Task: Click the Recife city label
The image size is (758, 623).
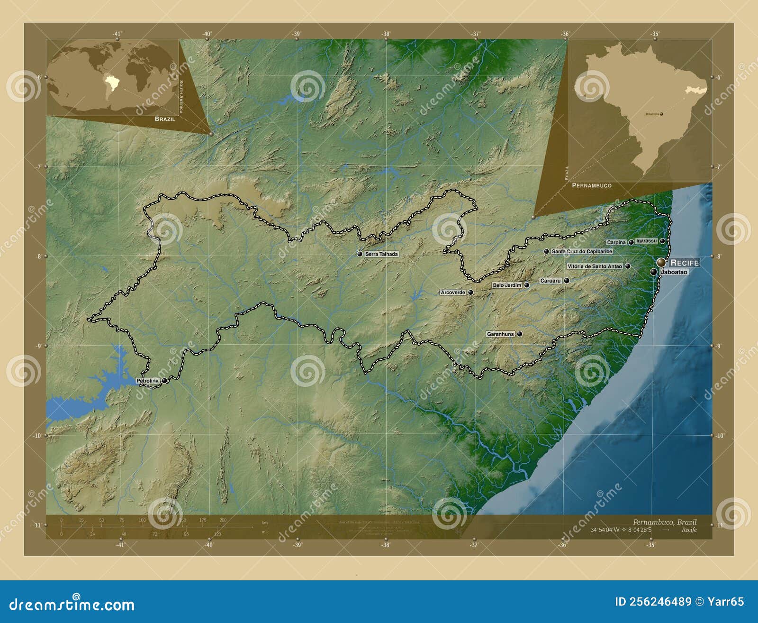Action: point(685,263)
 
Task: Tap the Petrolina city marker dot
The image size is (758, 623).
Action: point(164,380)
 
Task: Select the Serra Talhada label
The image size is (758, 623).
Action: point(381,254)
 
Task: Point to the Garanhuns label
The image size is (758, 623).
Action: point(500,334)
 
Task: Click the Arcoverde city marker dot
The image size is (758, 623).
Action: point(470,293)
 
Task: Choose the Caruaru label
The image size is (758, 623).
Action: point(550,281)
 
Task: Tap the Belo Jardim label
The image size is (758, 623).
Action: point(507,285)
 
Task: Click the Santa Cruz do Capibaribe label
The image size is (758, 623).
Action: point(582,251)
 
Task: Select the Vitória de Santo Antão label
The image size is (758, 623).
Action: point(595,266)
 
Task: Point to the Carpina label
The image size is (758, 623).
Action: point(616,242)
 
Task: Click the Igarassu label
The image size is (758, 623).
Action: point(647,241)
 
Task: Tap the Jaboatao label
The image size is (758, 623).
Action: point(674,272)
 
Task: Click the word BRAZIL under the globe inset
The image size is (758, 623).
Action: point(165,119)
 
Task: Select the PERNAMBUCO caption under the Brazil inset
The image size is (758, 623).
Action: point(592,185)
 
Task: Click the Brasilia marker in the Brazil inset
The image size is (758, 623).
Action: point(661,114)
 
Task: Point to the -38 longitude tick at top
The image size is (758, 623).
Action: point(386,34)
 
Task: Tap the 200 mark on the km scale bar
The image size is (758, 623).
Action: point(223,520)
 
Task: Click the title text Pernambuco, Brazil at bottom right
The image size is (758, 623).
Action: point(665,522)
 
